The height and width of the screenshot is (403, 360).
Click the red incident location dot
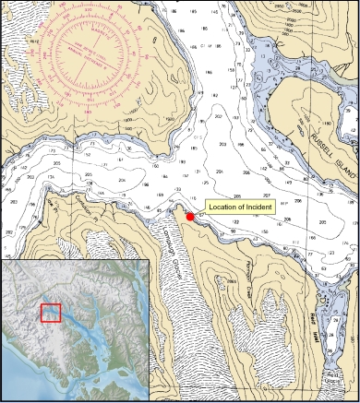[190, 217]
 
